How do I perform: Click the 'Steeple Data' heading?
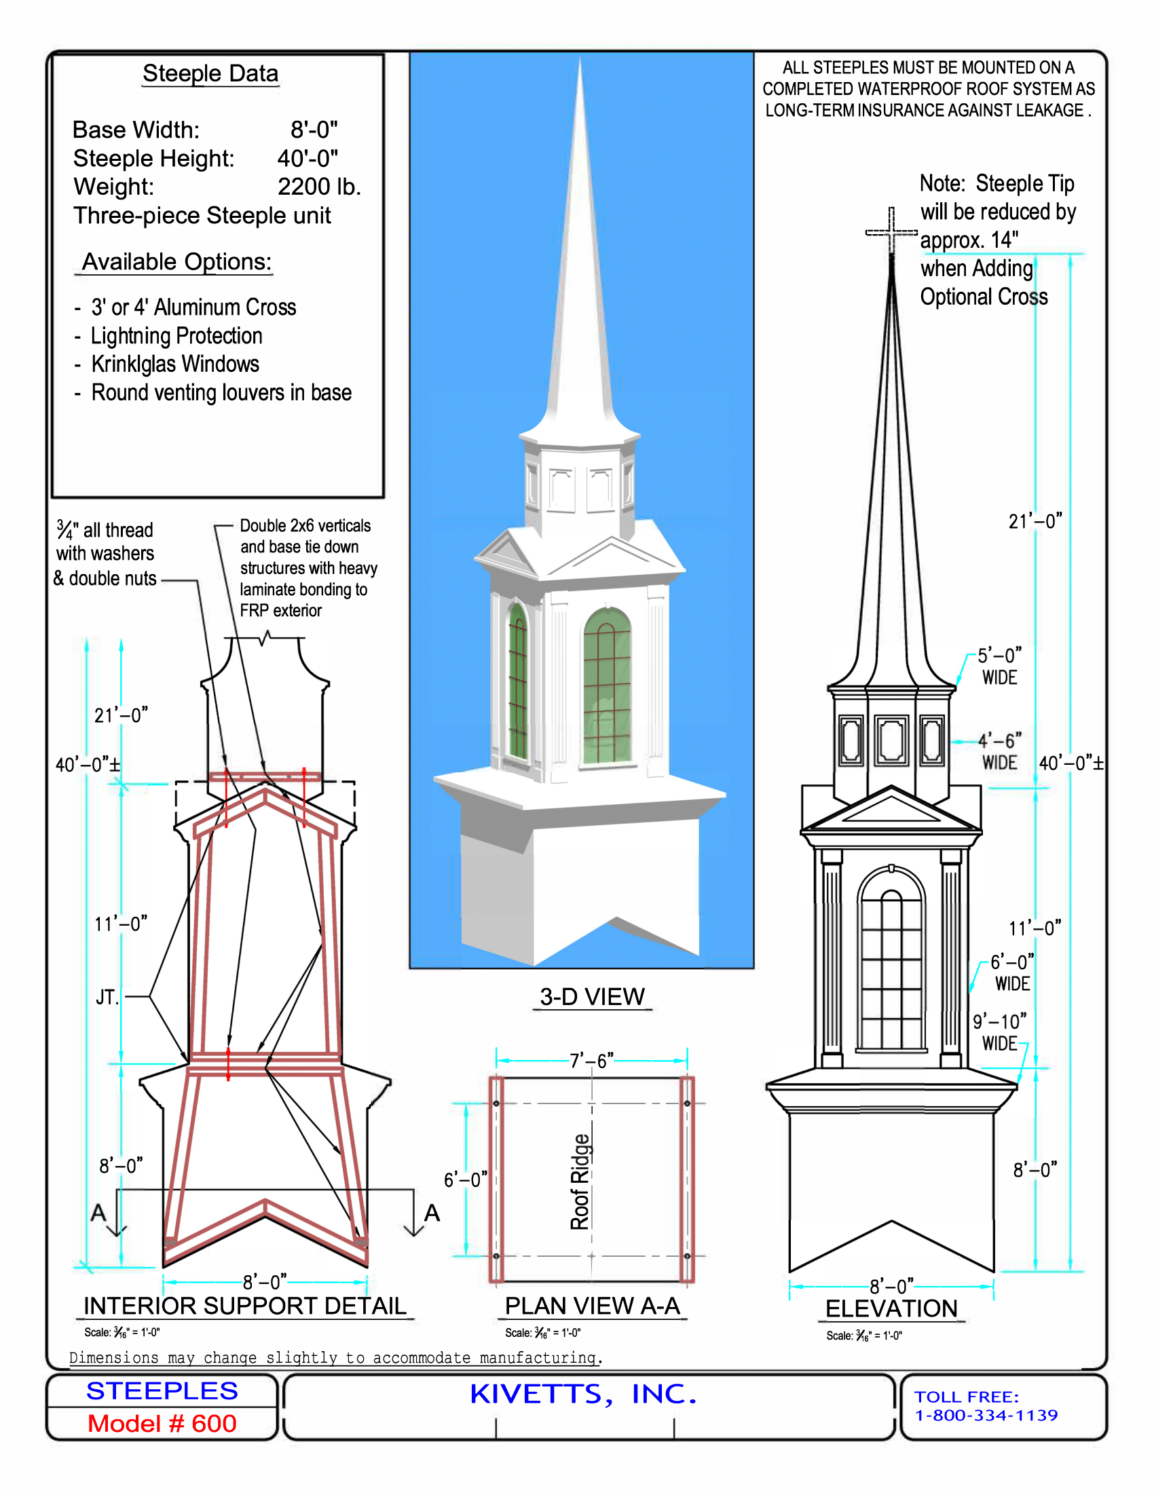pos(210,73)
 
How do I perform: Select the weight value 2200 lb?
pos(319,187)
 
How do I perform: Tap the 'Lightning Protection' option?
pos(177,336)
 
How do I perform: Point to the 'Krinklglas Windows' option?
pos(176,364)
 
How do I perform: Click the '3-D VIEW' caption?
pos(592,997)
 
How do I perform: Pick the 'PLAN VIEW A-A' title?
pos(592,1306)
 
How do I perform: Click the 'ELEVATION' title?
pos(891,1308)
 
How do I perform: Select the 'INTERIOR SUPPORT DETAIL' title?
pos(245,1306)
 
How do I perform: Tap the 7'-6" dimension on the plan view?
pos(592,1060)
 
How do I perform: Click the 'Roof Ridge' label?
pos(580,1182)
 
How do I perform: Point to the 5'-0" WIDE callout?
pos(999,666)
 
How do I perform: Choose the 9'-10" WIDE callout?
pos(999,1032)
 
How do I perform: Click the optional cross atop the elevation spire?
pos(891,232)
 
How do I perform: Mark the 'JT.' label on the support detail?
pos(108,997)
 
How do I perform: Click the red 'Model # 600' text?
pos(162,1423)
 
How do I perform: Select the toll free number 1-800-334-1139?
pos(986,1415)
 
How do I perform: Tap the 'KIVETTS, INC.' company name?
pos(583,1395)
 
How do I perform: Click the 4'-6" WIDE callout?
pos(999,751)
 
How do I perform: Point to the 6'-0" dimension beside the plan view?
pos(466,1179)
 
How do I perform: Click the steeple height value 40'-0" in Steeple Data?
pos(308,159)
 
